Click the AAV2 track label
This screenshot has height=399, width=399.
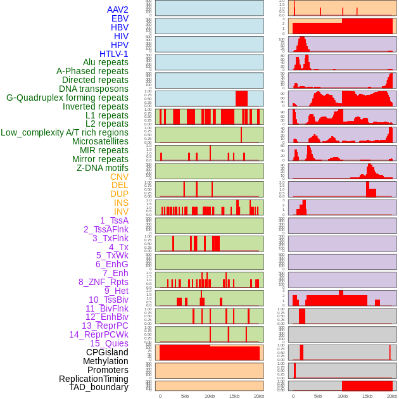click(118, 9)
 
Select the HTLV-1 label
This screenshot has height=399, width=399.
click(113, 54)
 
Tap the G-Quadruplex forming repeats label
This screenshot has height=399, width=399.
click(67, 98)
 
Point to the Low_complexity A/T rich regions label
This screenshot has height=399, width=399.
click(65, 132)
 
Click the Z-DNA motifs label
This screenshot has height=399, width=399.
click(103, 168)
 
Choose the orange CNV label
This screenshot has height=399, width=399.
click(119, 177)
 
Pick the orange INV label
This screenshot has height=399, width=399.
click(121, 212)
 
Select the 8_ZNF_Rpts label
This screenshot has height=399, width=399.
click(103, 282)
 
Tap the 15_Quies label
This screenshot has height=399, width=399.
click(109, 343)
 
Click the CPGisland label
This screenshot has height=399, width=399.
click(107, 352)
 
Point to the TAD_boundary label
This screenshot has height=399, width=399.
click(99, 387)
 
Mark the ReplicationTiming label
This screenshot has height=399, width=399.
click(94, 379)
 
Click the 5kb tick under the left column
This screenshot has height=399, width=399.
click(185, 396)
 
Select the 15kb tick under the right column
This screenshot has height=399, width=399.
click(367, 396)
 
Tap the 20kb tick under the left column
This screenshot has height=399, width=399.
click(259, 396)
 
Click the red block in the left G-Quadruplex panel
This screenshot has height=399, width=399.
click(241, 99)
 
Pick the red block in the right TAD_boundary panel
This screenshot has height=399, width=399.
click(367, 386)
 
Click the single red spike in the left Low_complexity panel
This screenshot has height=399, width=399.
click(241, 135)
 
